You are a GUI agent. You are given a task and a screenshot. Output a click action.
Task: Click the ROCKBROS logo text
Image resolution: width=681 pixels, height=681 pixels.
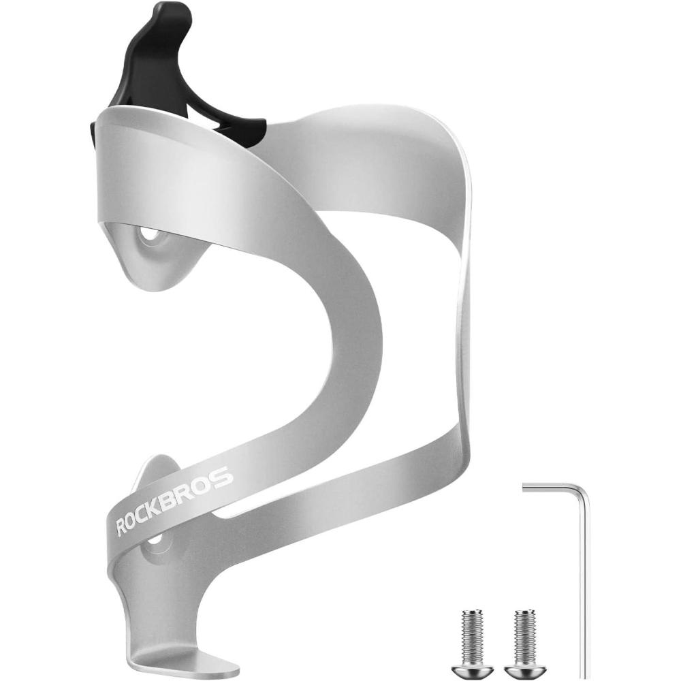174,501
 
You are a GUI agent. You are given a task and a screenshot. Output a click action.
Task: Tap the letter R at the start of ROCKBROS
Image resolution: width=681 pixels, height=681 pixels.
122,527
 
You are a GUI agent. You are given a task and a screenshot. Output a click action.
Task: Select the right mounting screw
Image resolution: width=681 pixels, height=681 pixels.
524,644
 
